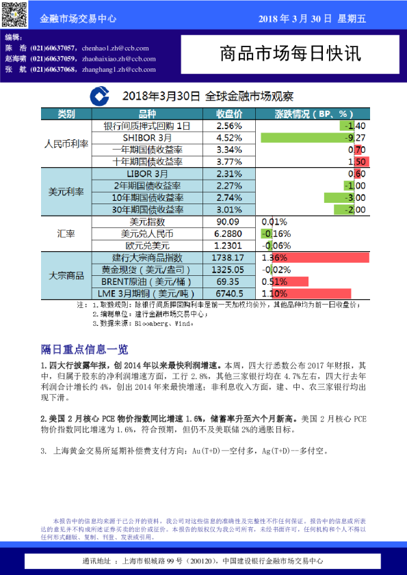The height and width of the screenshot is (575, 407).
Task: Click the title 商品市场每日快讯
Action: tap(291, 53)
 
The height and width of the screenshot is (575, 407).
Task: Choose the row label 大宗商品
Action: tap(66, 275)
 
